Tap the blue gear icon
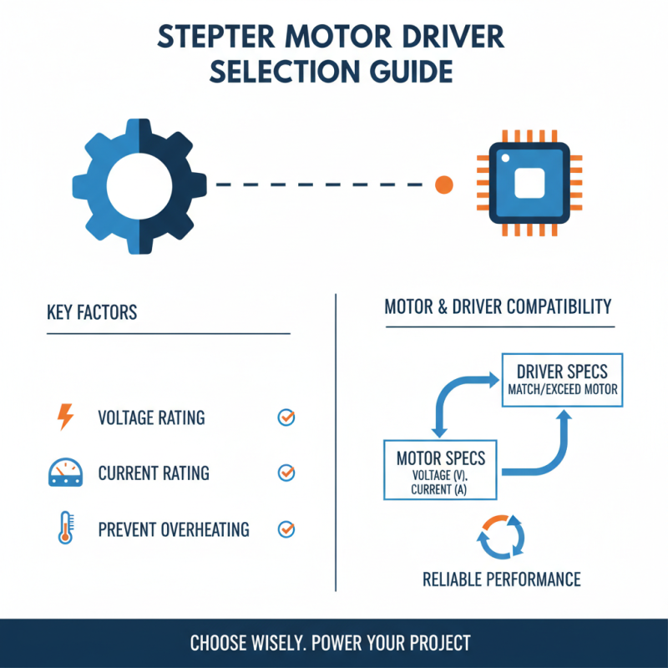139,185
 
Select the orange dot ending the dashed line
444,185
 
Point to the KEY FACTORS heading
92,313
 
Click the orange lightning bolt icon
64,417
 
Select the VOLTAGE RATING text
151,417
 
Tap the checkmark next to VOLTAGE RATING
286,417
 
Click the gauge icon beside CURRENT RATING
64,473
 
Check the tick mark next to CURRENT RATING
286,473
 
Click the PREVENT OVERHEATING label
174,529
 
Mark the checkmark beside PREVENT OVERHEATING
286,529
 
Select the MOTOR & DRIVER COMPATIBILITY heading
498,307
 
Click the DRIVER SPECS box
562,380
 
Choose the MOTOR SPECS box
440,470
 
